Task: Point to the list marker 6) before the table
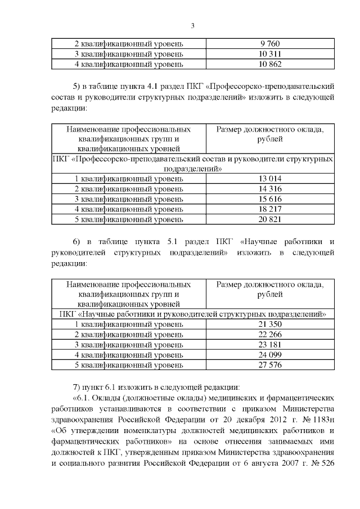[78, 242]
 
